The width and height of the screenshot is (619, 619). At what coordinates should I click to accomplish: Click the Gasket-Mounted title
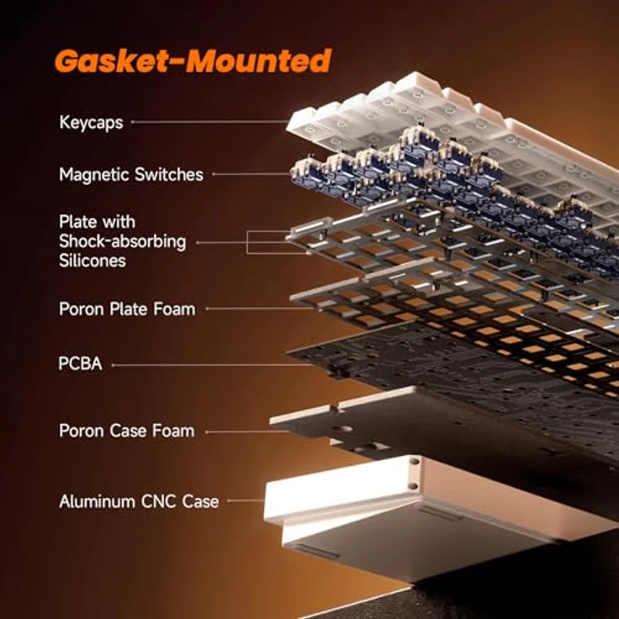tap(193, 61)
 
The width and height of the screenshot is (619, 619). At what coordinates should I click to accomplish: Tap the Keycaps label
tap(91, 123)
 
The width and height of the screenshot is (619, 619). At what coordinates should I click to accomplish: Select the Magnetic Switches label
tap(131, 174)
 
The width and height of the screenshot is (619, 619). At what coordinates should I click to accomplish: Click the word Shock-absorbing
tap(123, 241)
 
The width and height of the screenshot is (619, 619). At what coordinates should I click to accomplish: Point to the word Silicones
tap(93, 261)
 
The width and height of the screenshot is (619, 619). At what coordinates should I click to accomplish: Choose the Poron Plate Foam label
tap(127, 309)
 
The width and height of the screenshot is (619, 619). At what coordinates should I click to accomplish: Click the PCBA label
tap(80, 363)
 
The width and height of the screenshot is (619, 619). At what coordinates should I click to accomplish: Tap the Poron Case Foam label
tap(127, 431)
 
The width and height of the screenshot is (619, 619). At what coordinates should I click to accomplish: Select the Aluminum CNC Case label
tap(139, 501)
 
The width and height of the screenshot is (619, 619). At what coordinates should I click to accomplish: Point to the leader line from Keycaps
tap(209, 122)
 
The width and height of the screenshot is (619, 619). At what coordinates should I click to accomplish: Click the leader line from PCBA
tap(213, 365)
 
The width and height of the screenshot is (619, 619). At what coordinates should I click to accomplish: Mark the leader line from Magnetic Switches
tap(251, 174)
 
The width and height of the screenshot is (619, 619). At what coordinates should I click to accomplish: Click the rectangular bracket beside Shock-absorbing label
tap(247, 242)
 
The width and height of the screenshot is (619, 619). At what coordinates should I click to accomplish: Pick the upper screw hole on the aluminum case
tap(414, 462)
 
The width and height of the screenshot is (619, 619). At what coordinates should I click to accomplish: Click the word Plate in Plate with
tap(77, 222)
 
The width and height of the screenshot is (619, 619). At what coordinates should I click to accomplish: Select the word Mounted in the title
tap(259, 61)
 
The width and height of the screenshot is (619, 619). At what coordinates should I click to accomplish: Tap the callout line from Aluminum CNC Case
tap(246, 500)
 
